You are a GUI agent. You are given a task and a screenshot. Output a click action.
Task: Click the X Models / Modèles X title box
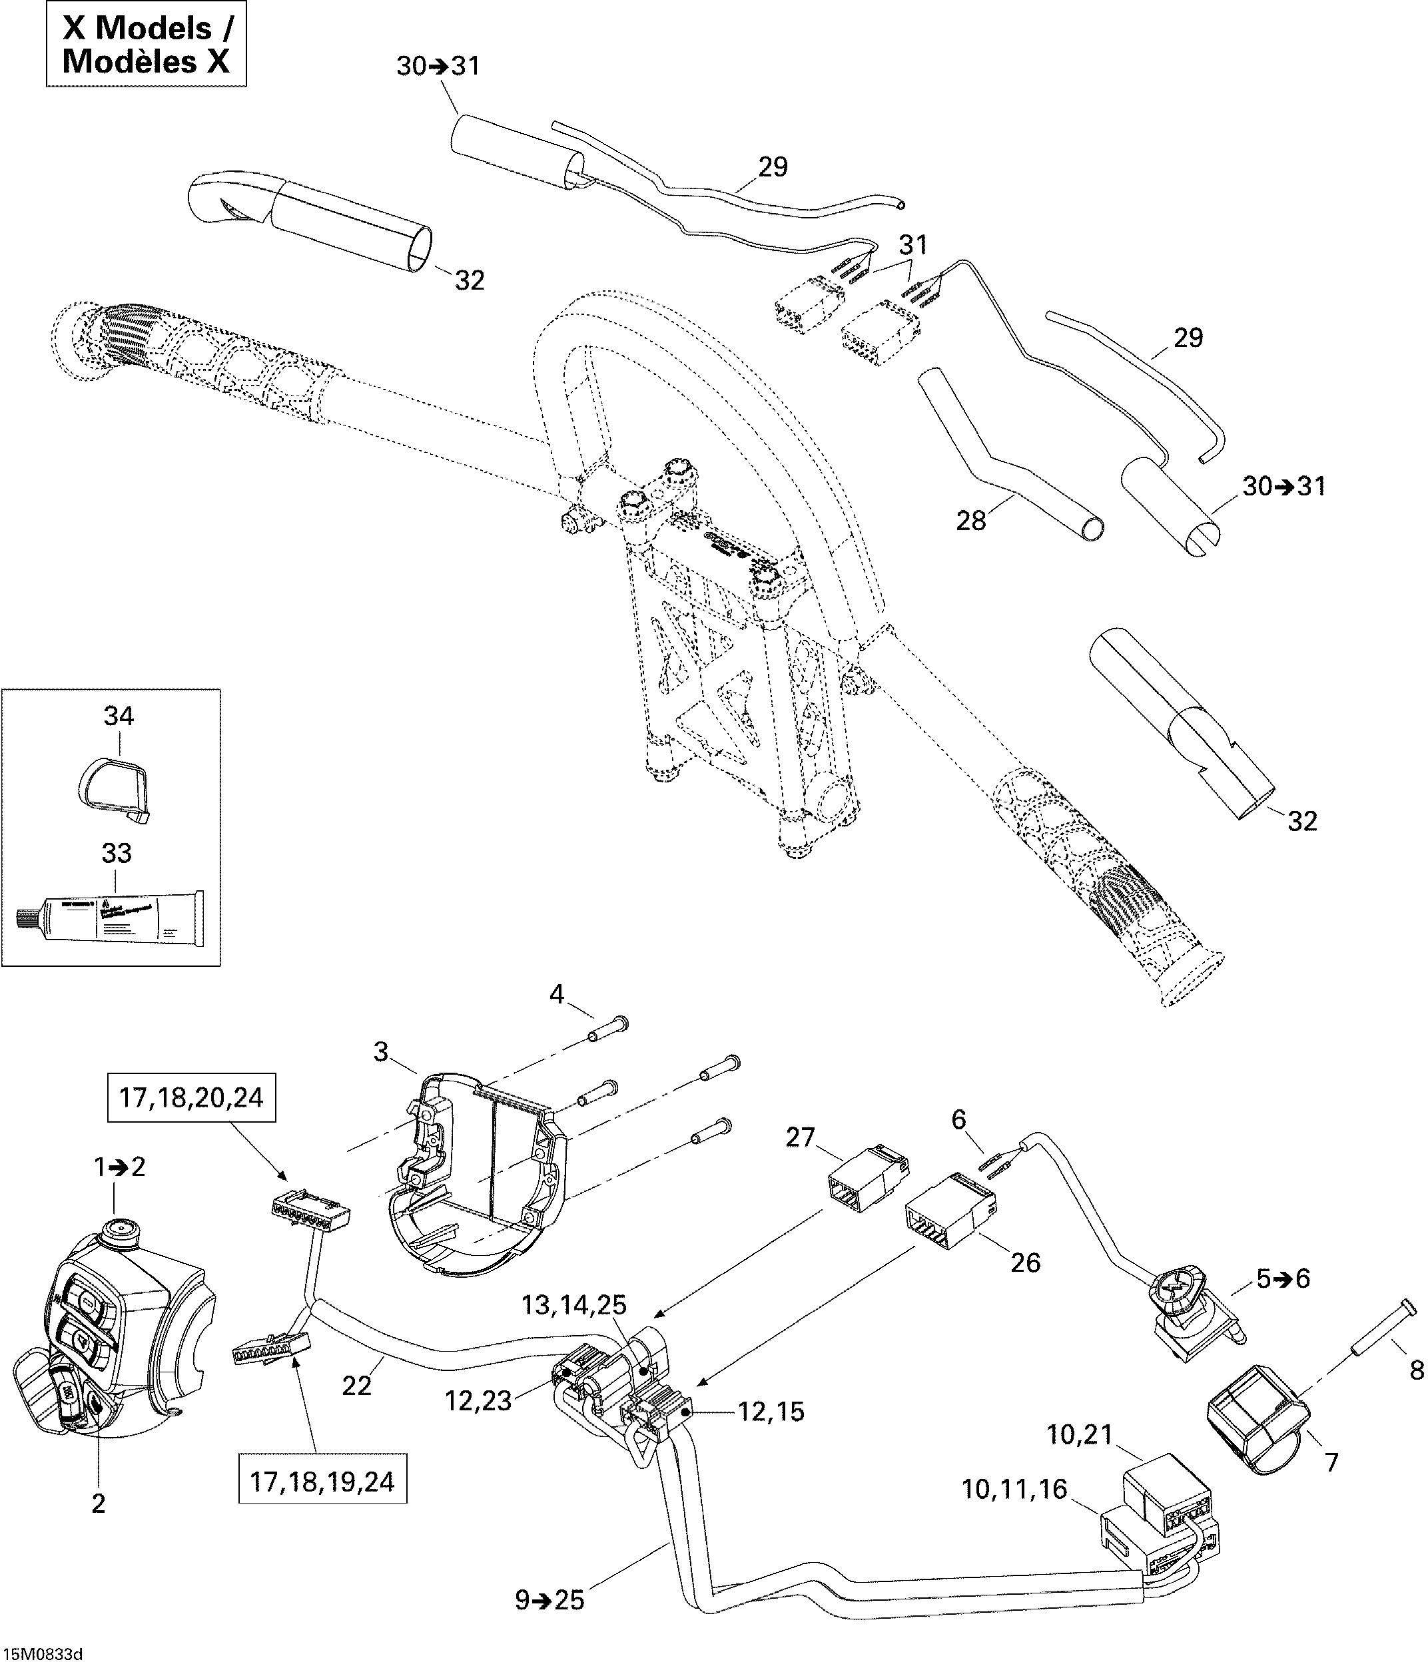pos(146,45)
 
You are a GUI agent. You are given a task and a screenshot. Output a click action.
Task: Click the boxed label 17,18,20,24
pos(190,1097)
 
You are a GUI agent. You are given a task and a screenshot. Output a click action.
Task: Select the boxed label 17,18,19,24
pos(322,1482)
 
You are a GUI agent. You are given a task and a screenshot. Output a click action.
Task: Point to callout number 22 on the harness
pos(357,1386)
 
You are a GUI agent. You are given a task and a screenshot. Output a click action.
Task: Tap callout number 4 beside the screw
pos(556,995)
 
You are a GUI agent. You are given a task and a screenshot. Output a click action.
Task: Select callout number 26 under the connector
pos(1025,1262)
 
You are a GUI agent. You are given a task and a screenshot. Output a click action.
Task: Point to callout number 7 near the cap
pos(1331,1462)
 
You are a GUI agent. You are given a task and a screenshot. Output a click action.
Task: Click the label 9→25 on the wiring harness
pos(550,1601)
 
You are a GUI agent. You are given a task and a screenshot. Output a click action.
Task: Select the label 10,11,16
pos(1014,1490)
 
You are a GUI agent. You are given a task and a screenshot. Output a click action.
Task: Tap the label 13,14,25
pos(573,1304)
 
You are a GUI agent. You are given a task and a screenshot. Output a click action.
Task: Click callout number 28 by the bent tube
pos(970,521)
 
